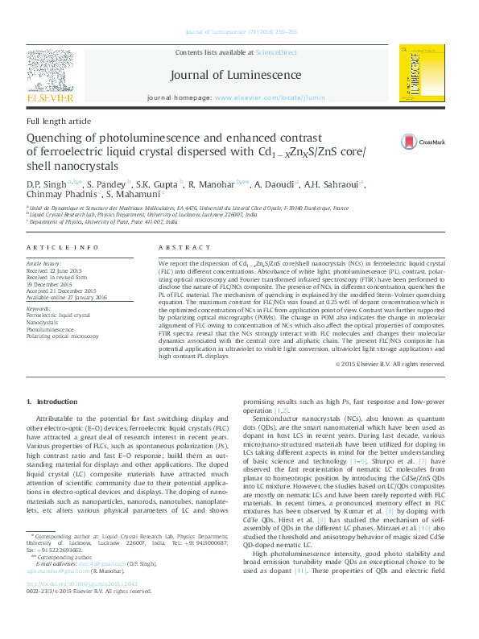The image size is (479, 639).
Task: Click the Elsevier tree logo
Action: pos(51,77)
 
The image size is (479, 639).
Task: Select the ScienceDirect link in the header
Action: pos(276,52)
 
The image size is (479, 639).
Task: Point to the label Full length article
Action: pos(59,121)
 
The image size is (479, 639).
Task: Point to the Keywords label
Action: pos(39,308)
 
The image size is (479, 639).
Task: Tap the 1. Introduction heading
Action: pos(53,401)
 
